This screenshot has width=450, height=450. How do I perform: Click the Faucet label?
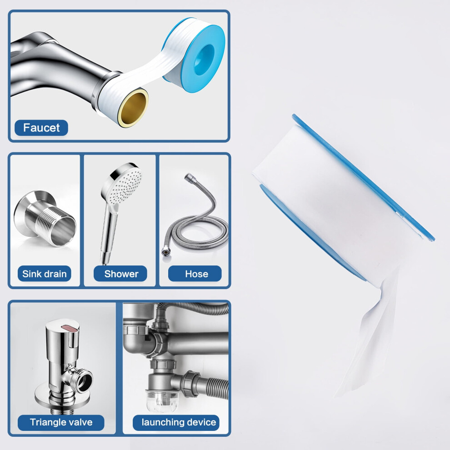click(41, 128)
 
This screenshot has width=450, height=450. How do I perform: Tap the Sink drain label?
click(44, 274)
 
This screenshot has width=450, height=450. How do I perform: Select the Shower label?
click(120, 274)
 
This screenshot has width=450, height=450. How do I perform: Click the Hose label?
click(195, 274)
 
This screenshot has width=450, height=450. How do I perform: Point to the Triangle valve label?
click(61, 422)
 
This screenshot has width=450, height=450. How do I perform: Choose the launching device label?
click(176, 422)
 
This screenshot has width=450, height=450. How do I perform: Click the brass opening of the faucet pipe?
click(134, 108)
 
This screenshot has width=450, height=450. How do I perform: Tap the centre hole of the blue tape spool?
click(205, 59)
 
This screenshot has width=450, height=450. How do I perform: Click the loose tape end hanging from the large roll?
click(365, 345)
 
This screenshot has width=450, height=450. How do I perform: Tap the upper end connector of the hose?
click(190, 178)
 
